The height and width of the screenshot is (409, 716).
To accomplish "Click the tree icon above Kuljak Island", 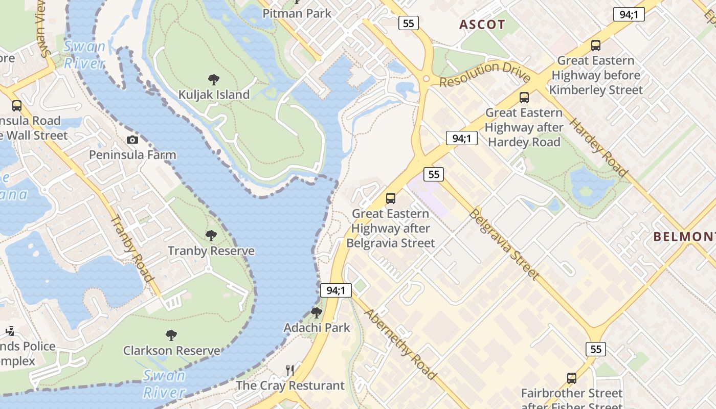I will [x=214, y=80].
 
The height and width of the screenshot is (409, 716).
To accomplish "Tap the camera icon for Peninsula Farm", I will [x=132, y=140].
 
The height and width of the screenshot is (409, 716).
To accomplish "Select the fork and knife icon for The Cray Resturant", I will [x=290, y=371].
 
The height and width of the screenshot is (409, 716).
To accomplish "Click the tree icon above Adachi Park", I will [x=317, y=312].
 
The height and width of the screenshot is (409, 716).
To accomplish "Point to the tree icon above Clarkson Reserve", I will [x=171, y=335].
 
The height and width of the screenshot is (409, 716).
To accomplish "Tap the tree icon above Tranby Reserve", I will [x=211, y=236].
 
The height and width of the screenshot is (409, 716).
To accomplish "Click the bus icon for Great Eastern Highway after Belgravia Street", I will [x=391, y=198].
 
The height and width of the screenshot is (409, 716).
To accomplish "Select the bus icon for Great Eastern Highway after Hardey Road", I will [x=524, y=97].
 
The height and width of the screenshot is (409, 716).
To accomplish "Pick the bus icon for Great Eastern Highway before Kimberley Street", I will [x=595, y=45].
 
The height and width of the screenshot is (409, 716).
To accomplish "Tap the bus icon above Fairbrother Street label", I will [x=572, y=378].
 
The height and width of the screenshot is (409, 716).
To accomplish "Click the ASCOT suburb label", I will [x=482, y=25].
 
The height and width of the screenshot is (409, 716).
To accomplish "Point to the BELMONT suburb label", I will [x=684, y=236].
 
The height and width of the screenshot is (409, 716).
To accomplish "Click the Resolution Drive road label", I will [x=484, y=74].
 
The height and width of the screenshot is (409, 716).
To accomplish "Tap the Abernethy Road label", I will [x=400, y=345].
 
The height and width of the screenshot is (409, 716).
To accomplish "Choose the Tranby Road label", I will [x=132, y=248].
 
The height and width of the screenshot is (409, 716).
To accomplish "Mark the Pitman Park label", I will [x=297, y=13].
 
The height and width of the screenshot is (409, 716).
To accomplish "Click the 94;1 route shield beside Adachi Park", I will [x=336, y=290].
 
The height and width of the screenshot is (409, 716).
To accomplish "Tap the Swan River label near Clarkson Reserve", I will [x=164, y=384].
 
